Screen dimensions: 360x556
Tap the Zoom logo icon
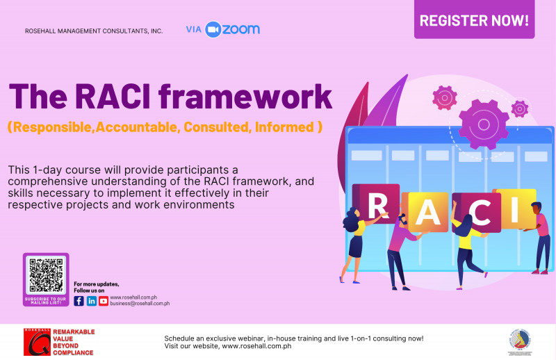point(213,29)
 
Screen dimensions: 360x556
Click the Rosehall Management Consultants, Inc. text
point(94,31)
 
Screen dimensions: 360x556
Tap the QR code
point(46,275)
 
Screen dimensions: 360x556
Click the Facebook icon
point(79,301)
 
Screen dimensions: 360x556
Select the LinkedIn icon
point(91,301)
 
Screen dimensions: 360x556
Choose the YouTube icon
point(104,301)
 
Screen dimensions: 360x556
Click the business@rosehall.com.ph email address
point(140,304)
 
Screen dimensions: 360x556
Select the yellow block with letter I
point(514,207)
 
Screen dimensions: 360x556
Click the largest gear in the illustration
point(484,124)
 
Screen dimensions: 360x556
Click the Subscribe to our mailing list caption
point(46,300)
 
